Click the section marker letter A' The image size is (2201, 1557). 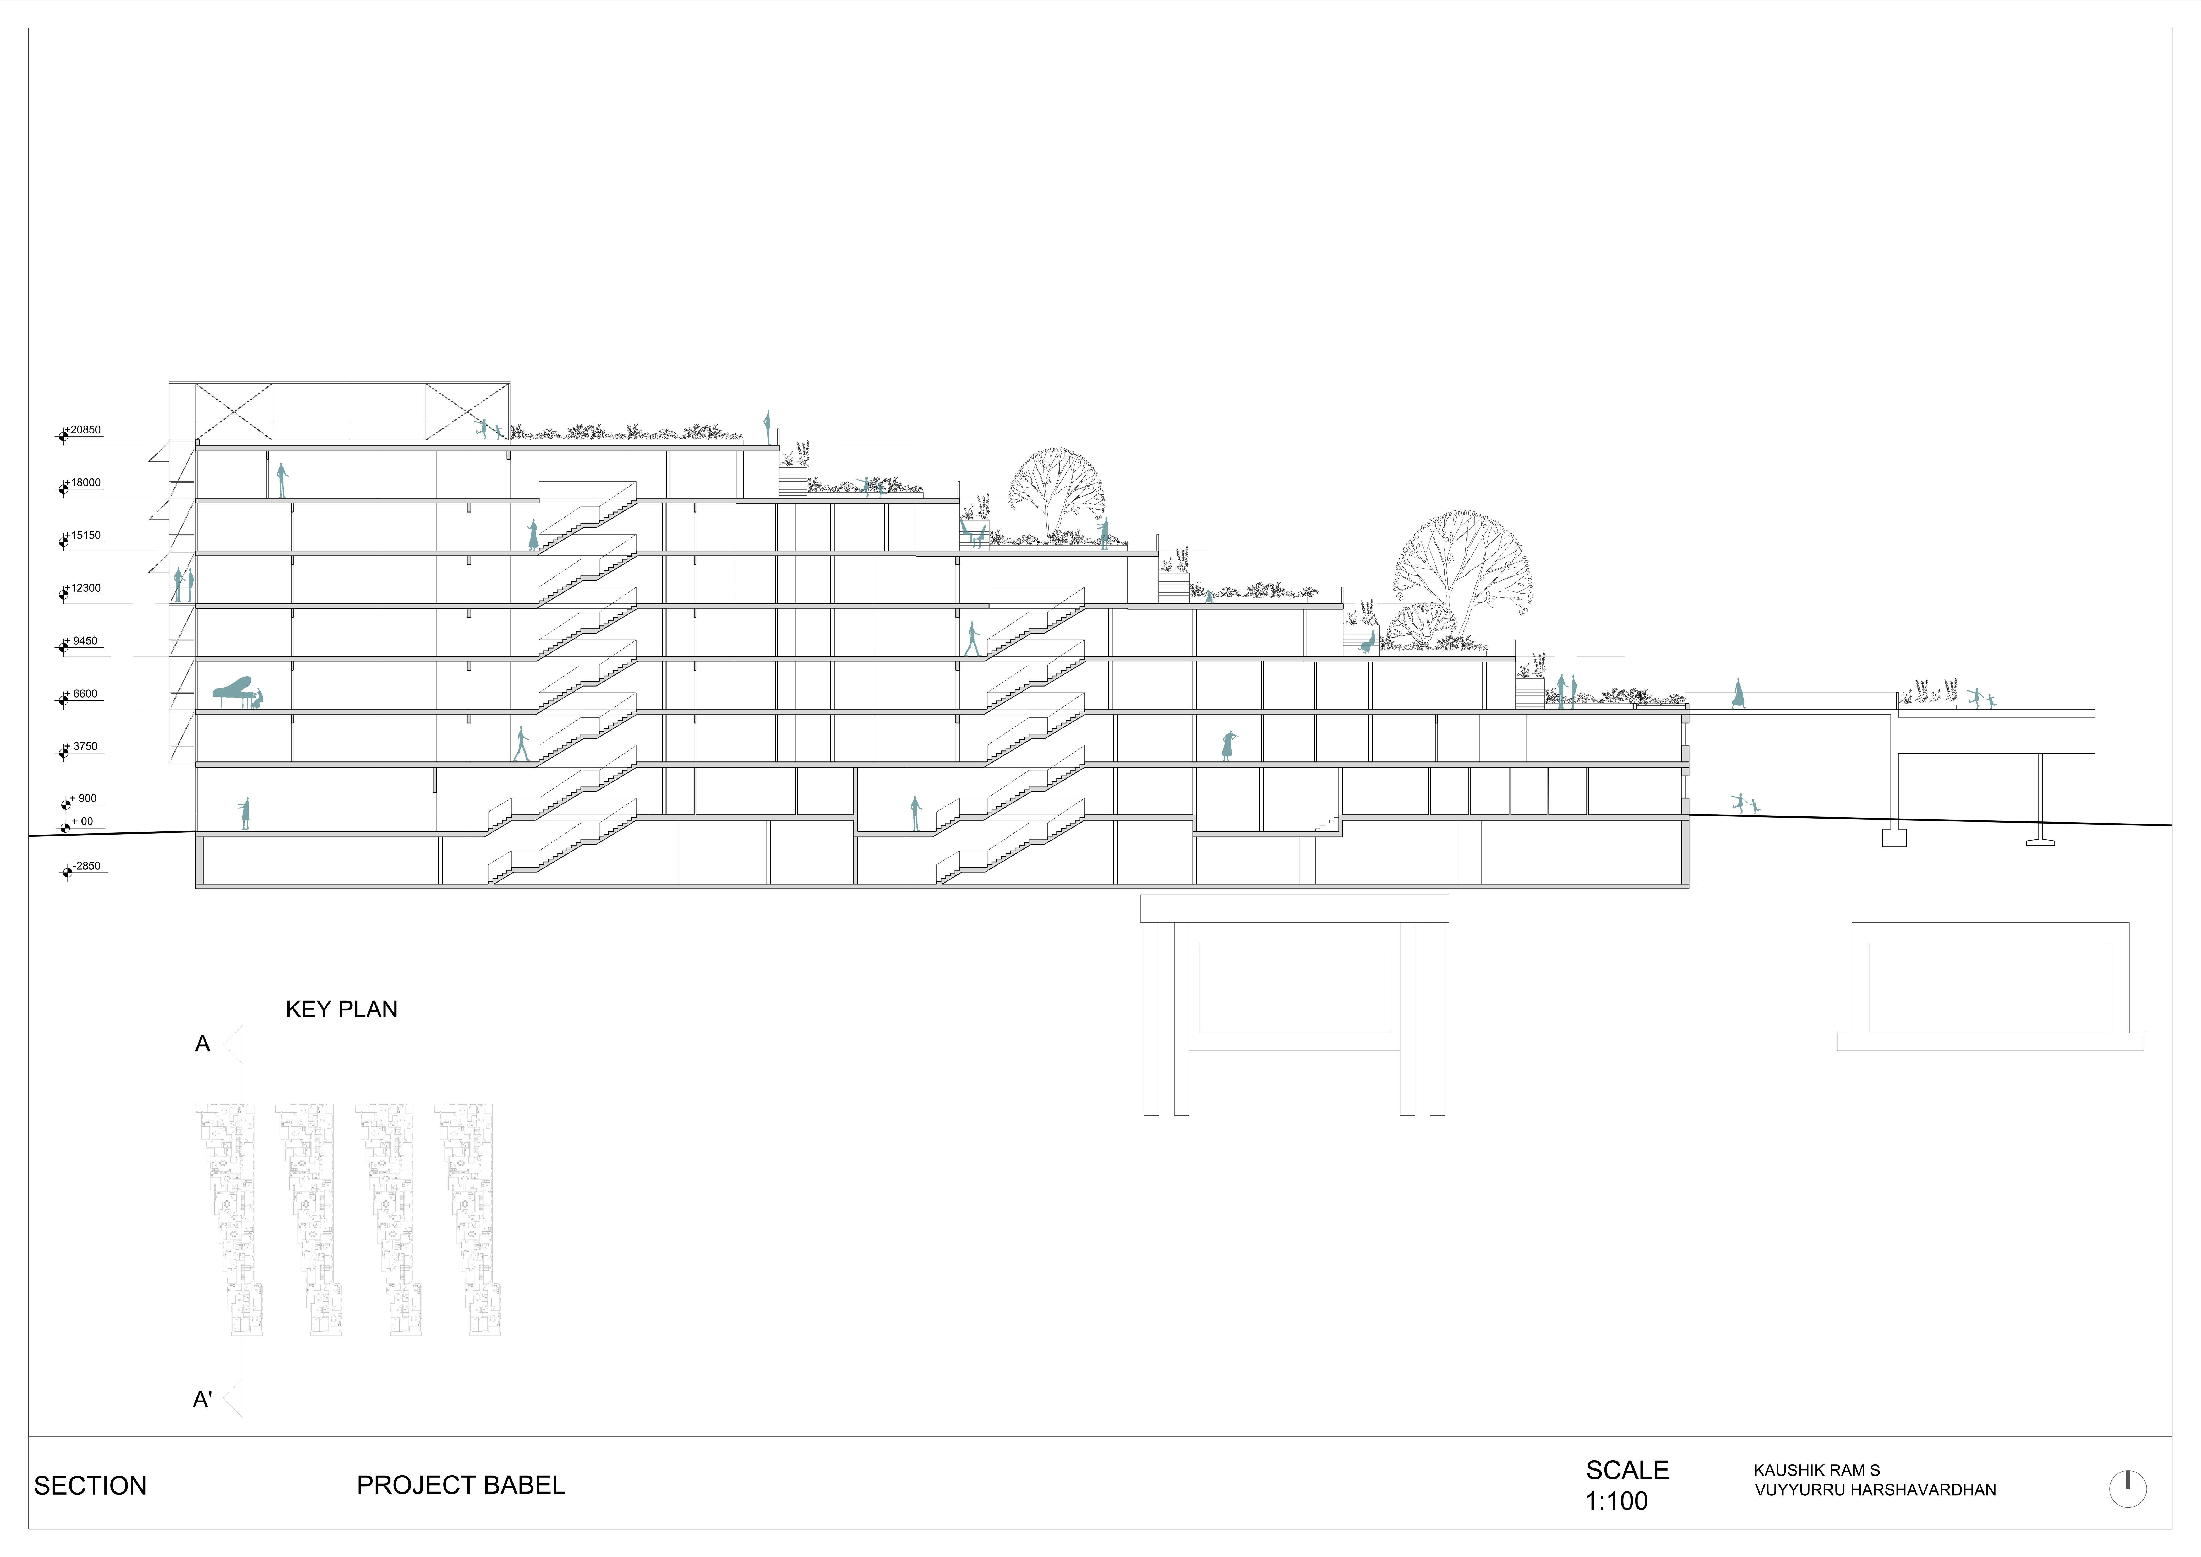(202, 1400)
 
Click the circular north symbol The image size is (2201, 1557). (2127, 1488)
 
